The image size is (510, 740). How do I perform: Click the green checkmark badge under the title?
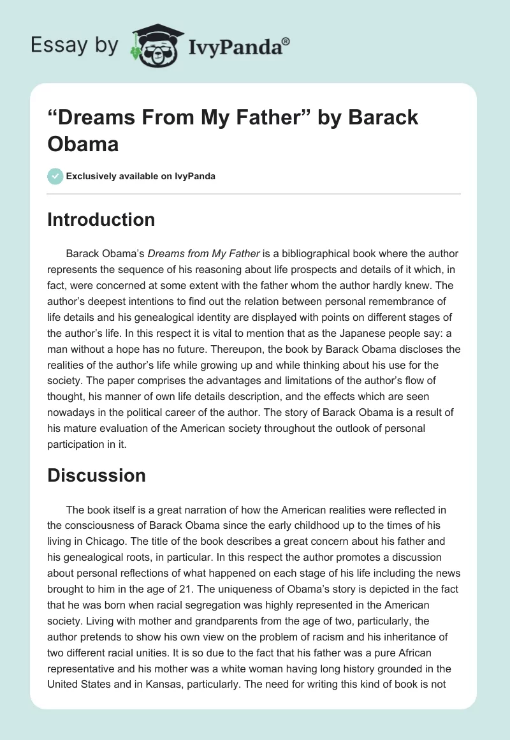pyautogui.click(x=55, y=176)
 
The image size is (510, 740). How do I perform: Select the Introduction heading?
pyautogui.click(x=101, y=219)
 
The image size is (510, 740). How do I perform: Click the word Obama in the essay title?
pyautogui.click(x=83, y=144)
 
